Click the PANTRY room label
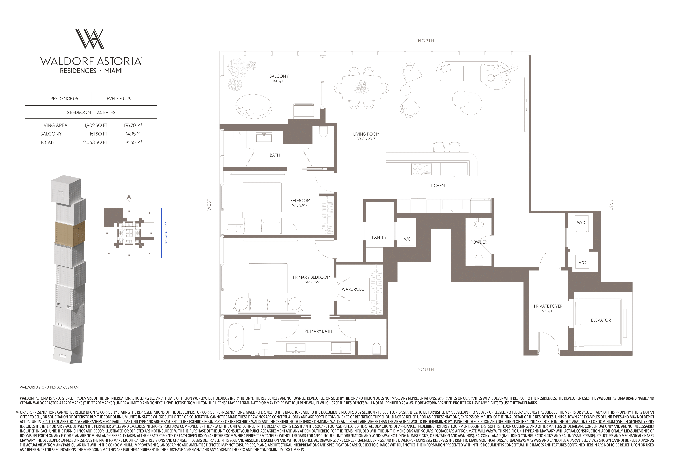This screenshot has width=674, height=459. (379, 237)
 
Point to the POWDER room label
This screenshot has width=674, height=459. (479, 242)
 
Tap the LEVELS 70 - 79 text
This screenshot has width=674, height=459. (118, 99)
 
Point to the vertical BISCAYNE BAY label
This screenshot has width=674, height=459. (166, 233)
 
